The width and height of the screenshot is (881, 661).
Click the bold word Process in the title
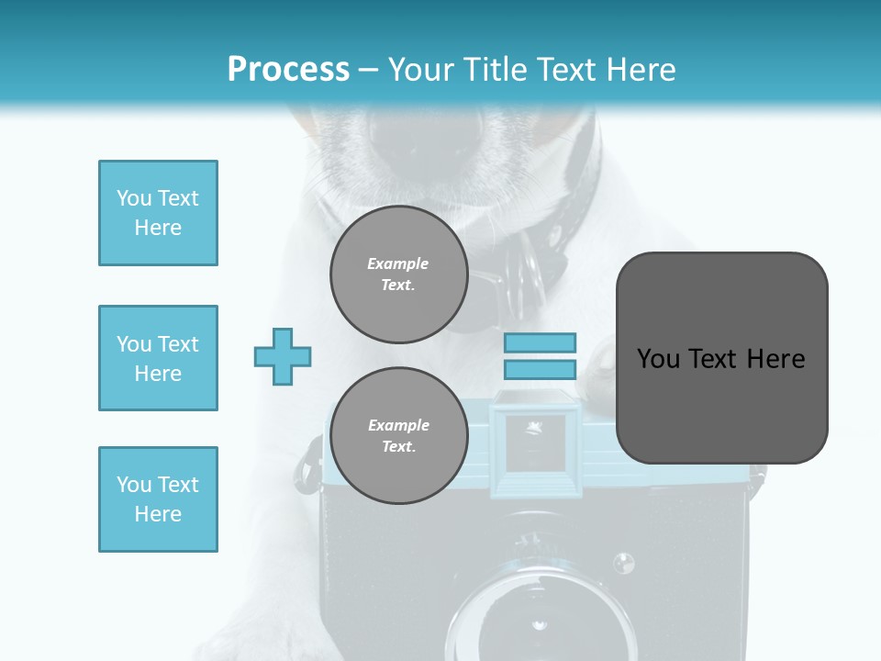tap(288, 70)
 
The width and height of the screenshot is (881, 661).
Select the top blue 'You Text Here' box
tap(158, 213)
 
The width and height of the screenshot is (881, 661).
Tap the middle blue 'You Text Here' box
tap(158, 358)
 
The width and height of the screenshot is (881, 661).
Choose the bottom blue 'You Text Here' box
tap(158, 499)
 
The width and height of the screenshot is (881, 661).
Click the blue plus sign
tap(283, 356)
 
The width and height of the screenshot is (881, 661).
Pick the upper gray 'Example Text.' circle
tap(398, 274)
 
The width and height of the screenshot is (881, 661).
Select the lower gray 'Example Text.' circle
tap(398, 435)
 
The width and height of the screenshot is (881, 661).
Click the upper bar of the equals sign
tap(540, 342)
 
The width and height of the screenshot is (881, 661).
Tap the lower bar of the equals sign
tap(540, 369)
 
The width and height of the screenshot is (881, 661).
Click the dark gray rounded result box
tap(721, 358)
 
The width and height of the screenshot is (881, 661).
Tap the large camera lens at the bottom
tap(541, 615)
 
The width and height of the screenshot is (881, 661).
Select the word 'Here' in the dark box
tap(775, 359)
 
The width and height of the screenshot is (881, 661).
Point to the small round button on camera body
tap(623, 562)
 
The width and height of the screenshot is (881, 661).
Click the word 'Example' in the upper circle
tap(398, 263)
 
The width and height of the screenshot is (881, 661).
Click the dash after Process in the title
tap(368, 70)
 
